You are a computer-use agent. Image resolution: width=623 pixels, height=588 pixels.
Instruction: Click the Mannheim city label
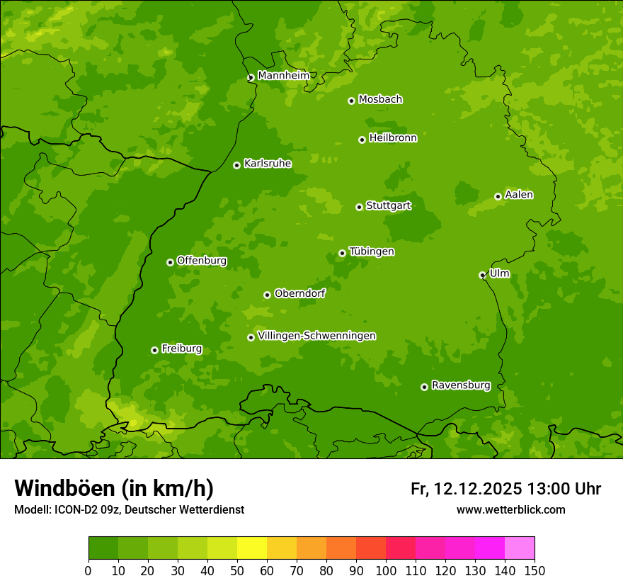pos(283,75)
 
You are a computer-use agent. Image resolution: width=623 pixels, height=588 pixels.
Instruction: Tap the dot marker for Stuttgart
pos(359,207)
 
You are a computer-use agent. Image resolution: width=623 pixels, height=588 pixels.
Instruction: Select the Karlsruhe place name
pos(267,164)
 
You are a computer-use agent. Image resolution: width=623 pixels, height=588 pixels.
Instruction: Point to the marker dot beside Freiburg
pos(154,350)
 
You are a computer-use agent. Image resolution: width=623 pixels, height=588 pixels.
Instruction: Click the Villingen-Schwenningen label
pos(316,336)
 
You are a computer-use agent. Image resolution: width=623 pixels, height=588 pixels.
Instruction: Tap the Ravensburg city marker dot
pos(424,387)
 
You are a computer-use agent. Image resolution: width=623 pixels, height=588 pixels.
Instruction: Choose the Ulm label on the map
pos(499,273)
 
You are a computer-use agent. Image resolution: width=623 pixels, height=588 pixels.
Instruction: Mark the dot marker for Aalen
pos(498,196)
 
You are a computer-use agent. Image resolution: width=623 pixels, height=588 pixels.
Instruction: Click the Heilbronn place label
pos(393,138)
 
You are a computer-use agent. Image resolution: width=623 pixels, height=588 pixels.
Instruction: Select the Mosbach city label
pos(380,99)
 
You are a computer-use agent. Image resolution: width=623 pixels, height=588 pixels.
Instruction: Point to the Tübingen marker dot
pos(342,253)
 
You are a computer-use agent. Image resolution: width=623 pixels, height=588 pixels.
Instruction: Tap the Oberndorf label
pos(299,293)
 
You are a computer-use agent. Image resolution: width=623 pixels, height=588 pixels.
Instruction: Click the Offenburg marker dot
pos(170,262)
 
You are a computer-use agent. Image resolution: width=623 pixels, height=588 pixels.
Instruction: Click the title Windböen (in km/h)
pos(113,488)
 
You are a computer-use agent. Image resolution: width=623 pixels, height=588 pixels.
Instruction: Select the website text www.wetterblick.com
pos(510,509)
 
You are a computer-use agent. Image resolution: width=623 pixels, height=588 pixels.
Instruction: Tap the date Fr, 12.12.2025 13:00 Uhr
pos(505,489)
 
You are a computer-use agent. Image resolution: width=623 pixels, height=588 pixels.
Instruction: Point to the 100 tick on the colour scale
pos(385,570)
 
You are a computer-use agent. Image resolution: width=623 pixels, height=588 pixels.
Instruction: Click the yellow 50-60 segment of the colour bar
pos(251,548)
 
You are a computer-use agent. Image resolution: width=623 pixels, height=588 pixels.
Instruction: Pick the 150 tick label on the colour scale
pos(534,570)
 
